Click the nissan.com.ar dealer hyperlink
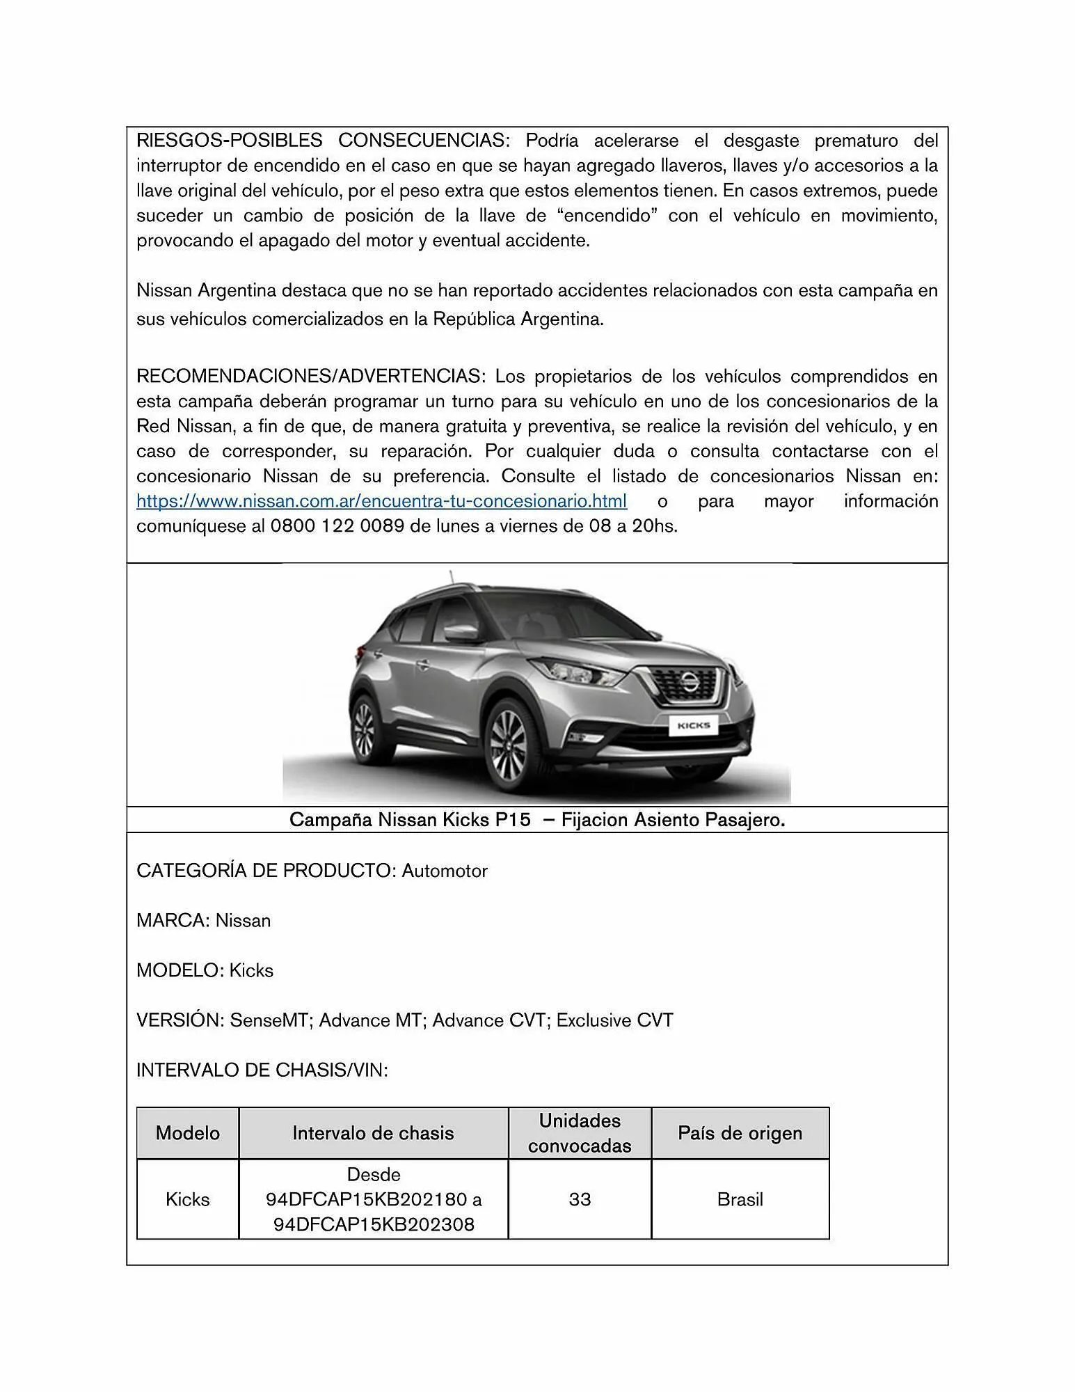pos(381,501)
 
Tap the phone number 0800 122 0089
pos(337,526)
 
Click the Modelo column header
pos(187,1133)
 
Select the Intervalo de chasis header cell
pos(373,1133)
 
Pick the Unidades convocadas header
pos(580,1133)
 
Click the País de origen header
pos(740,1133)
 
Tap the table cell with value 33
pos(580,1199)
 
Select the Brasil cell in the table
pos(740,1199)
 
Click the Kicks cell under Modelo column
pos(187,1199)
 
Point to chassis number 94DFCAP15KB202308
pos(374,1224)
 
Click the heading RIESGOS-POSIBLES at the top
pos(229,141)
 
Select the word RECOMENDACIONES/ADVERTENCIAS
pos(309,377)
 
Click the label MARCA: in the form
pos(173,921)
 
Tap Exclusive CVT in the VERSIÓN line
pos(614,1020)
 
